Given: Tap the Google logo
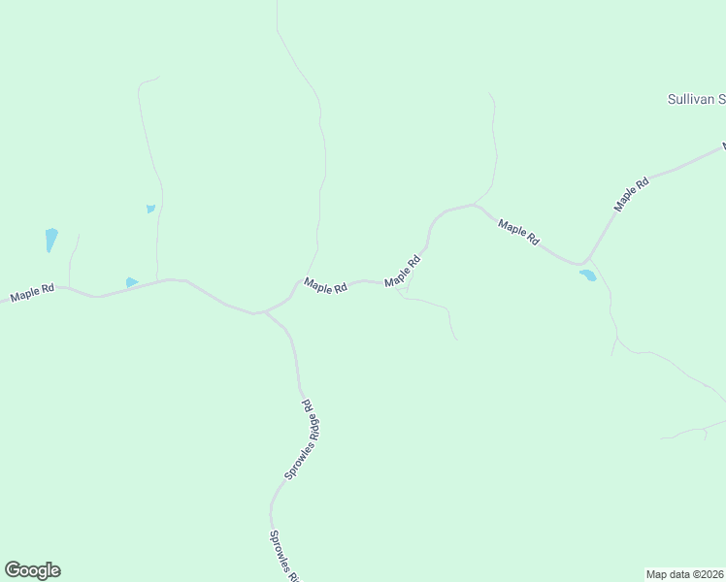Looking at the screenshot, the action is [x=32, y=570].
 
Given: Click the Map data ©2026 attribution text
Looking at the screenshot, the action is [x=685, y=573].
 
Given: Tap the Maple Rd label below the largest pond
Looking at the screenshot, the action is [x=32, y=292].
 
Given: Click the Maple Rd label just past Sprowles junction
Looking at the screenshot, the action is [x=325, y=286].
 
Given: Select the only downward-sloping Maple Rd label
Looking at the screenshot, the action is [x=517, y=232].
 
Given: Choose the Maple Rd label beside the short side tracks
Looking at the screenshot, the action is [x=404, y=271].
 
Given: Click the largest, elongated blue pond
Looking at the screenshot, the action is [x=50, y=240].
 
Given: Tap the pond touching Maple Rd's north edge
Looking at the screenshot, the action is [x=131, y=282].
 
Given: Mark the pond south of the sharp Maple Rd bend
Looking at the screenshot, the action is [x=587, y=275].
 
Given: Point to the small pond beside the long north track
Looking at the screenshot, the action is [x=150, y=208].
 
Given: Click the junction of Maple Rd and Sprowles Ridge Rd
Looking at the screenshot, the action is [x=262, y=312].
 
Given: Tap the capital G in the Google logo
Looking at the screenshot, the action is [x=13, y=570].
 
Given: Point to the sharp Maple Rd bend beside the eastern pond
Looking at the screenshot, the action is [x=581, y=263].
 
